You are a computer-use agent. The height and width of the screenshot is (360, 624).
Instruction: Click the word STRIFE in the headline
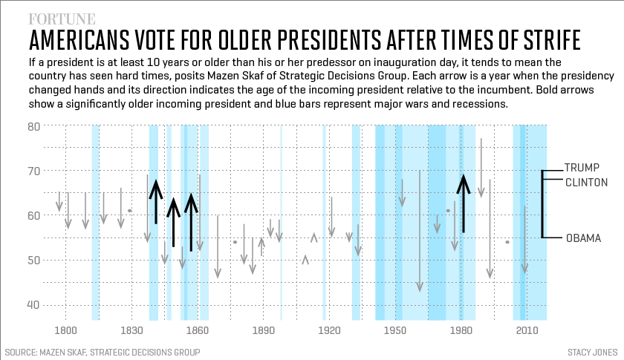542,40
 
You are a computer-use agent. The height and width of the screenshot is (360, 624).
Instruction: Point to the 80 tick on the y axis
33,126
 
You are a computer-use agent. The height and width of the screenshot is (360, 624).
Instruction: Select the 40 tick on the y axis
33,304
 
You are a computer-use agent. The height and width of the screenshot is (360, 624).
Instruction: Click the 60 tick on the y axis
33,215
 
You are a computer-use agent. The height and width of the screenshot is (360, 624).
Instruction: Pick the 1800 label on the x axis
65,329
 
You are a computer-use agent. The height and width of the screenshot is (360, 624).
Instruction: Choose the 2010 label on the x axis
527,329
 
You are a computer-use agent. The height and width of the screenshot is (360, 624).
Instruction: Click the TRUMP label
582,167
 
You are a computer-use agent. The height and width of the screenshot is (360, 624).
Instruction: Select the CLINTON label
587,182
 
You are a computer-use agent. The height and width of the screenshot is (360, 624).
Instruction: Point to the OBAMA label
583,238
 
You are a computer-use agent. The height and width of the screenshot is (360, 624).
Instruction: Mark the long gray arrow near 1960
419,230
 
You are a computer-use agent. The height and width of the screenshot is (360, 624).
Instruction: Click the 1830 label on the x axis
131,329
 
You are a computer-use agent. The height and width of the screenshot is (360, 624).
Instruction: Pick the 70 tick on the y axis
33,171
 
